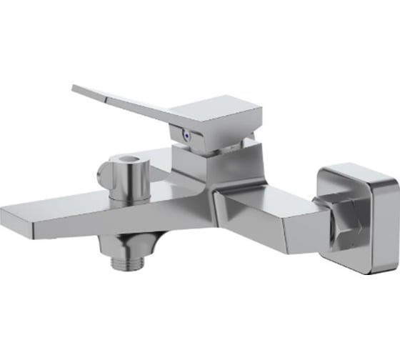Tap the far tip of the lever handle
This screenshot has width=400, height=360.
(x=76, y=89)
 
